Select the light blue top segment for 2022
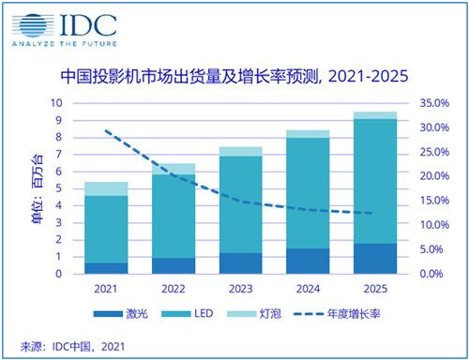click(x=174, y=169)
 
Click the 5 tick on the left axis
click(x=59, y=188)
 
